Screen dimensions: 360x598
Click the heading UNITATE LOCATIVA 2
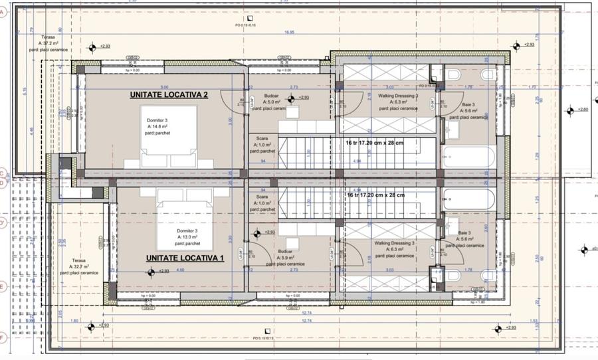tap(169, 96)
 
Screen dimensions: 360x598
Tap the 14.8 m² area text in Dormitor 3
tap(157, 126)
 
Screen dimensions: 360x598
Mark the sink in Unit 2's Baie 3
tap(454, 128)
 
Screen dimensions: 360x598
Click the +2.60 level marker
tap(582, 110)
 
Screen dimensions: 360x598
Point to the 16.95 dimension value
tap(290, 32)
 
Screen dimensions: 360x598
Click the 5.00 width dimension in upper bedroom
tap(164, 87)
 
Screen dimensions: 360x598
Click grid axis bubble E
tap(3, 287)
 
